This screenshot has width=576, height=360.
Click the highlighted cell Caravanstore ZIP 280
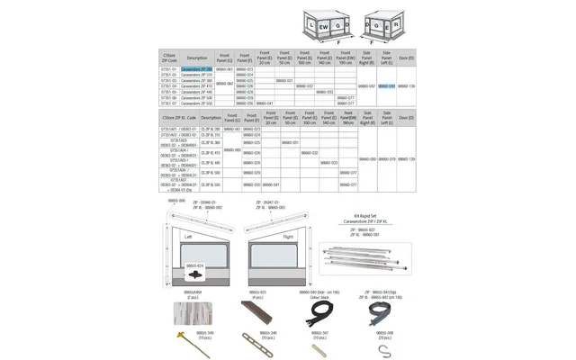pyautogui.click(x=196, y=68)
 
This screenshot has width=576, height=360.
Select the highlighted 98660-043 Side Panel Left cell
pyautogui.click(x=386, y=86)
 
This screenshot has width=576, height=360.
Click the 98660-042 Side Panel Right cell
pyautogui.click(x=365, y=86)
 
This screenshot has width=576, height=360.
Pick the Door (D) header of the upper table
pyautogui.click(x=406, y=57)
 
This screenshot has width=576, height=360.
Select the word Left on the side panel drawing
pyautogui.click(x=188, y=237)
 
